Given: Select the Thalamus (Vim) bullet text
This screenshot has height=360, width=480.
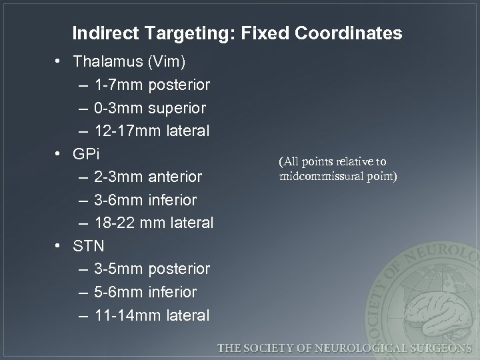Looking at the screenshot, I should point(131,62).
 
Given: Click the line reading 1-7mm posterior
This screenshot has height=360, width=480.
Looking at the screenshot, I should point(153,85).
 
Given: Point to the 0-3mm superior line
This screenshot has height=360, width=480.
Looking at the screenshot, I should point(150,108).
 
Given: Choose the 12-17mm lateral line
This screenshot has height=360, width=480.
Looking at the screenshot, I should point(153,131).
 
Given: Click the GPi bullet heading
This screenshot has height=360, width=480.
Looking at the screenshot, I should point(87,154).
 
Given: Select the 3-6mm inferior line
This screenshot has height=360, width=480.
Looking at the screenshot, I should point(146,200).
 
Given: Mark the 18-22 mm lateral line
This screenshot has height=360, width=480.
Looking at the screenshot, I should point(154,223).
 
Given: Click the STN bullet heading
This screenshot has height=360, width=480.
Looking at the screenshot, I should point(89,246).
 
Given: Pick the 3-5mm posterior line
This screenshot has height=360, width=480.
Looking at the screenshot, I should point(153,269).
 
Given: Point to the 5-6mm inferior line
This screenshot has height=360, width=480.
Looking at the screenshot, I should point(146,292).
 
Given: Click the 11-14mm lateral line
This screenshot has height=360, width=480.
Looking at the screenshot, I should point(153,315).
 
